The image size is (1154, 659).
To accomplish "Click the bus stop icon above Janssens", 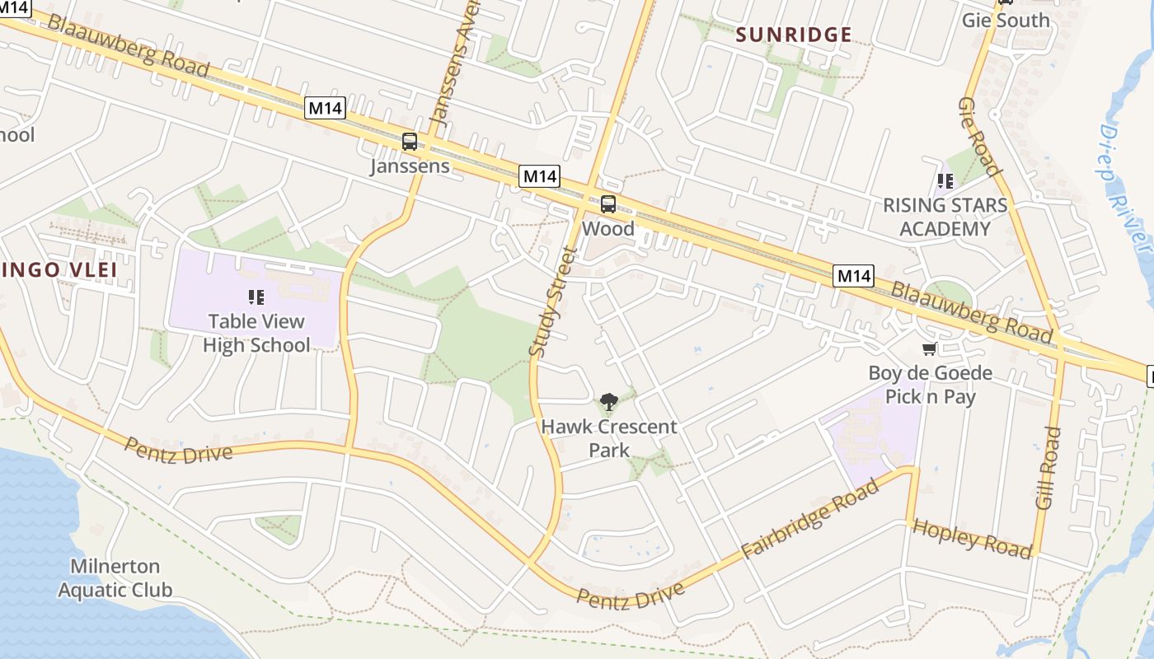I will point(410,142).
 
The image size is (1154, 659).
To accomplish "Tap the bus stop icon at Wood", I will point(608,204).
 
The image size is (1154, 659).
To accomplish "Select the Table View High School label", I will point(256,333).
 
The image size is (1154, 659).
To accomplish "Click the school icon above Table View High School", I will point(256,297).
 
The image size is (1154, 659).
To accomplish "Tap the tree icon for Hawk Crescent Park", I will point(609,402).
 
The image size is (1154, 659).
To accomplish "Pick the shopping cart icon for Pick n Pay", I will point(930,349).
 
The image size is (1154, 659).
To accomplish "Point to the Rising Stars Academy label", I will point(945,217).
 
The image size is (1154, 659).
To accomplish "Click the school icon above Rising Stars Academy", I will point(945,180).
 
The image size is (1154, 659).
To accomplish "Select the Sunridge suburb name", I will point(793,35).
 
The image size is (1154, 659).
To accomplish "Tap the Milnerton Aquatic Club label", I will point(115,577).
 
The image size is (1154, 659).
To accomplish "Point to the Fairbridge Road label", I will point(809,521).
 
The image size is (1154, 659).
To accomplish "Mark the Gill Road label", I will point(1048,467).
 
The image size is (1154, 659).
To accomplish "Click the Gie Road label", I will point(979,137).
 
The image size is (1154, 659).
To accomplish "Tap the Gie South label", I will point(1006,20).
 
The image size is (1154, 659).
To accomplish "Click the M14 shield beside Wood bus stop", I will point(540,176).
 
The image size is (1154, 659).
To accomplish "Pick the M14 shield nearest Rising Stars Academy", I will point(853,276).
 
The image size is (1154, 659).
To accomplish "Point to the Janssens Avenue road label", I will point(454,74).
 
